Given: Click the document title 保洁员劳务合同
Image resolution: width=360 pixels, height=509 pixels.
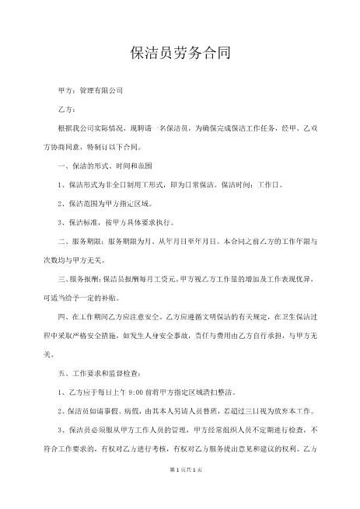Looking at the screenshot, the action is point(180,54).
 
